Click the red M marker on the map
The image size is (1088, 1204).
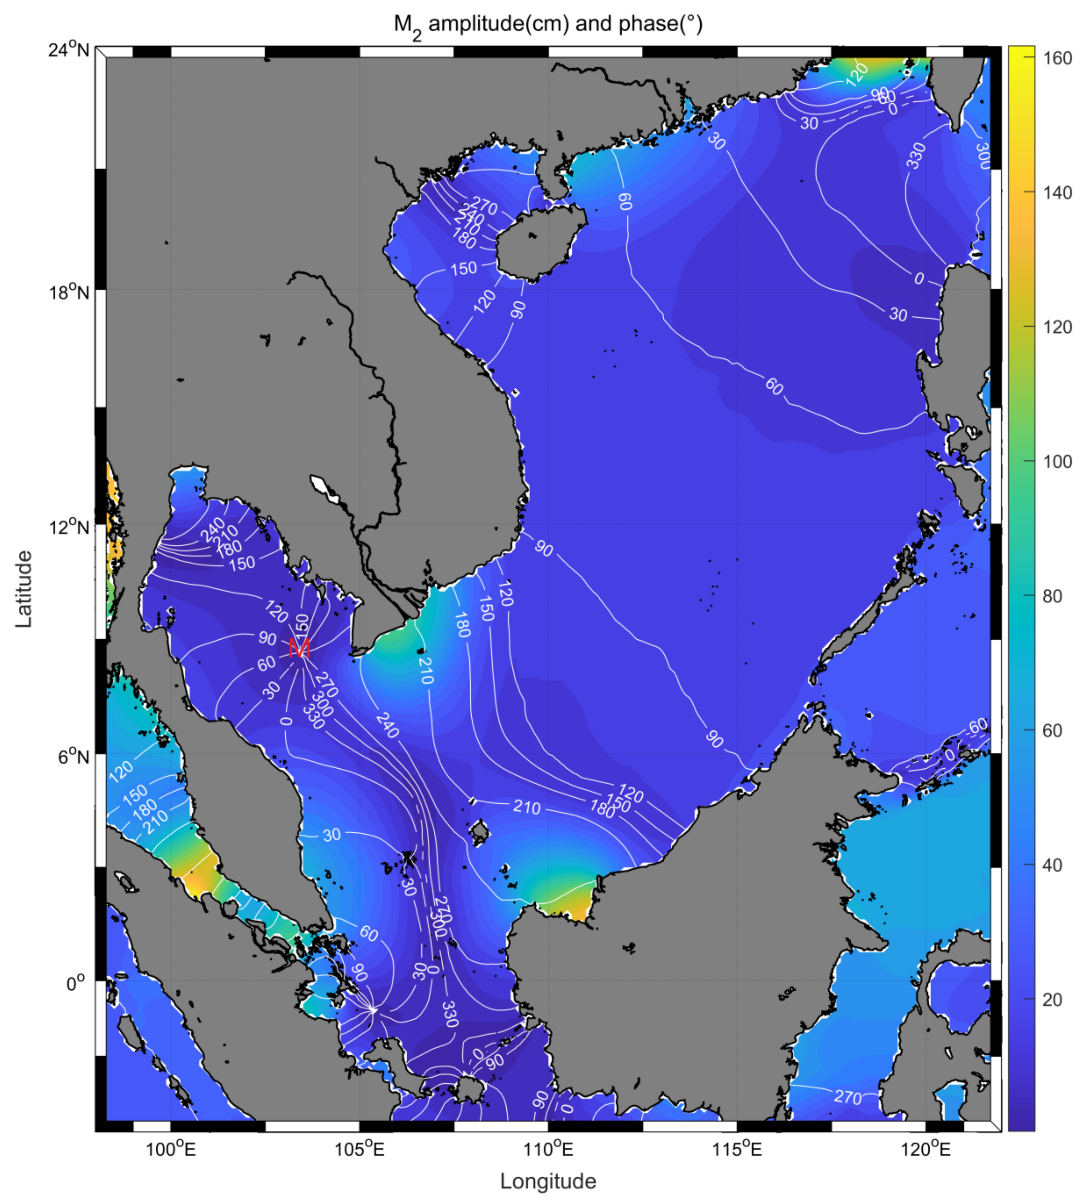pos(299,648)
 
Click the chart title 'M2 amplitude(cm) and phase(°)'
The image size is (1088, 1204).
pos(548,25)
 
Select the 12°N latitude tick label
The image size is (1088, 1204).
pos(69,527)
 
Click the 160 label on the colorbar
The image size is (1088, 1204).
pos(1056,59)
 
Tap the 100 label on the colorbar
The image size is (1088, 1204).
pos(1056,462)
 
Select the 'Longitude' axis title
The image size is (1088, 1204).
pos(548,1181)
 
